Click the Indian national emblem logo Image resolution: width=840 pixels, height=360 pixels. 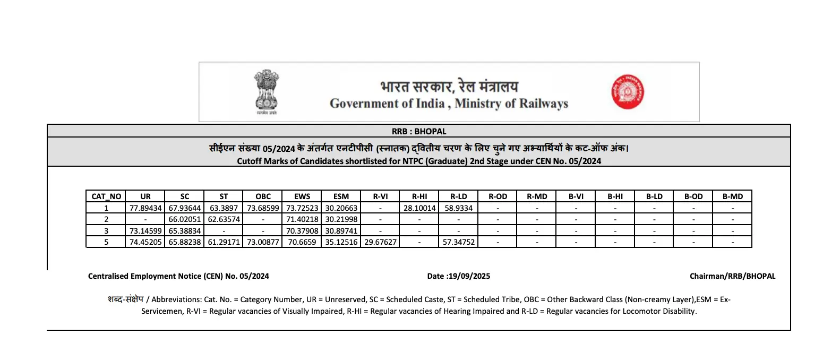click(x=266, y=91)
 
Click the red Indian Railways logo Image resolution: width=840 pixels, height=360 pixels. click(x=627, y=92)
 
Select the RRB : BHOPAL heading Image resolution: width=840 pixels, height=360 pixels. click(x=419, y=131)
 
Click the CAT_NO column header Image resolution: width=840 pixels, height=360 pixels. click(x=106, y=196)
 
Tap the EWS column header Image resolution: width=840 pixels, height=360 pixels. click(x=302, y=196)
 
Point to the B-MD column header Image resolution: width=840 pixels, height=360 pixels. click(x=732, y=196)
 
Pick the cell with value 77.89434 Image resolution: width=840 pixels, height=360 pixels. click(x=145, y=208)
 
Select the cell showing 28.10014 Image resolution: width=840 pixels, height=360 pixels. click(x=419, y=208)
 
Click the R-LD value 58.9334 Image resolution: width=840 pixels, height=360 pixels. click(x=458, y=208)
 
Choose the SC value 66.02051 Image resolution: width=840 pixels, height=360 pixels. click(x=185, y=219)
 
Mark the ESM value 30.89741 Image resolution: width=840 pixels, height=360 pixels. click(x=341, y=231)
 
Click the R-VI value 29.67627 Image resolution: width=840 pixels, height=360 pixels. click(x=380, y=242)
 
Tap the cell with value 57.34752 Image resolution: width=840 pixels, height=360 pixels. click(x=458, y=242)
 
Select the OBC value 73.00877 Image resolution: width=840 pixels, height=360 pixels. click(x=263, y=242)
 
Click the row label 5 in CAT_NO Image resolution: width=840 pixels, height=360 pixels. click(x=106, y=242)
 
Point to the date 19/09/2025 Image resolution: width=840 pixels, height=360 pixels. click(x=469, y=276)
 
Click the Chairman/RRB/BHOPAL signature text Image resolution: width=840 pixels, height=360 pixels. click(x=732, y=276)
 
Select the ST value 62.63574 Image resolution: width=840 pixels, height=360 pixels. click(x=224, y=219)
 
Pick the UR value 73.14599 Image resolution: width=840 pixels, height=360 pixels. click(x=145, y=231)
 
